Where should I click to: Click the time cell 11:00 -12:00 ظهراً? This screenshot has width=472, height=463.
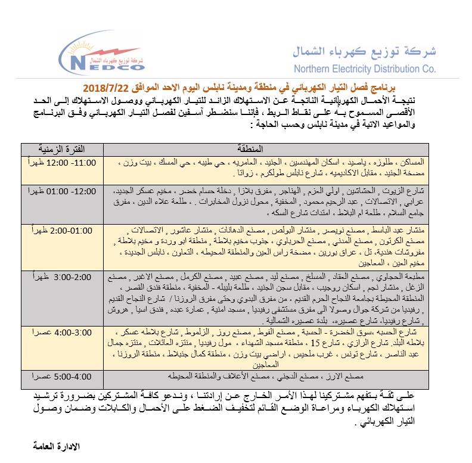pyautogui.click(x=57, y=162)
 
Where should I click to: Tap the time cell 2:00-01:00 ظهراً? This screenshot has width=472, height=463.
pyautogui.click(x=57, y=229)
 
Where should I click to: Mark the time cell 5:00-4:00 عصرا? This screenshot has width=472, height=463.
pyautogui.click(x=57, y=376)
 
